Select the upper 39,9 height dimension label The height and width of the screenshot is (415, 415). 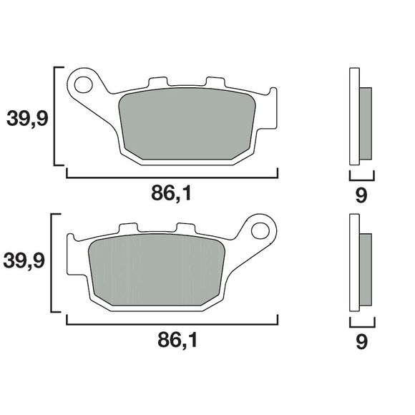click(x=27, y=117)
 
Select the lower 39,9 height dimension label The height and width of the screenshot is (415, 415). click(x=27, y=263)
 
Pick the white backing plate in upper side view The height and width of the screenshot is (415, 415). click(x=353, y=118)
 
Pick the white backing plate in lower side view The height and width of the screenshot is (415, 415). click(x=353, y=265)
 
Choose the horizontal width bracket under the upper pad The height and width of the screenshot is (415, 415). click(x=172, y=175)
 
